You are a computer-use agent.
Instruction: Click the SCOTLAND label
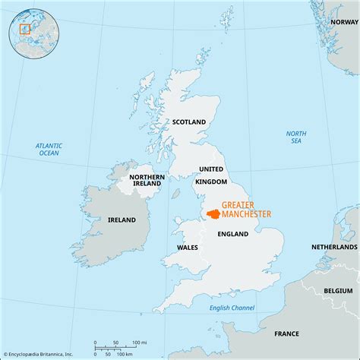point(189,122)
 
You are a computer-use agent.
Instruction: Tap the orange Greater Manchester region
point(212,213)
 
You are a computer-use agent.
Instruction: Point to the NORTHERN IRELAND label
point(147,178)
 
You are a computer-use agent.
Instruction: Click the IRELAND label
point(122,219)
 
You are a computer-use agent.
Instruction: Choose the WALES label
point(188,247)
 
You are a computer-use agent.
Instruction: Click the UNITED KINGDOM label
point(211,175)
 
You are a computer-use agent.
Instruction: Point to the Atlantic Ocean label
point(49,149)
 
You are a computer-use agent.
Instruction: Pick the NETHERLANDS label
point(334,248)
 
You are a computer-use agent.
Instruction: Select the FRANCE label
point(287,333)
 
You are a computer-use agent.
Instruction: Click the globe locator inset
point(28,30)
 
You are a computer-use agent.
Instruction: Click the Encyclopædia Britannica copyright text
point(38,354)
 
